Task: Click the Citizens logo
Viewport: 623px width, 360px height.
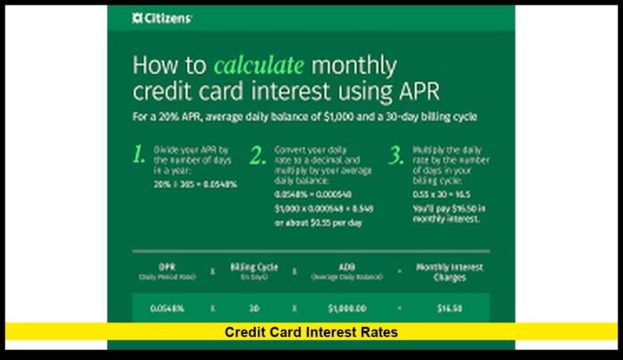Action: pyautogui.click(x=162, y=18)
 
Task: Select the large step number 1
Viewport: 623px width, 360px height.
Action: pyautogui.click(x=138, y=155)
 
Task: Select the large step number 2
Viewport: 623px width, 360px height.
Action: pyautogui.click(x=258, y=155)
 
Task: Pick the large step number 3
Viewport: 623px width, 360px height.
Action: pyautogui.click(x=397, y=155)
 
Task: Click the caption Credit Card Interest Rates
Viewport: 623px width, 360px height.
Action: pyautogui.click(x=311, y=332)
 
